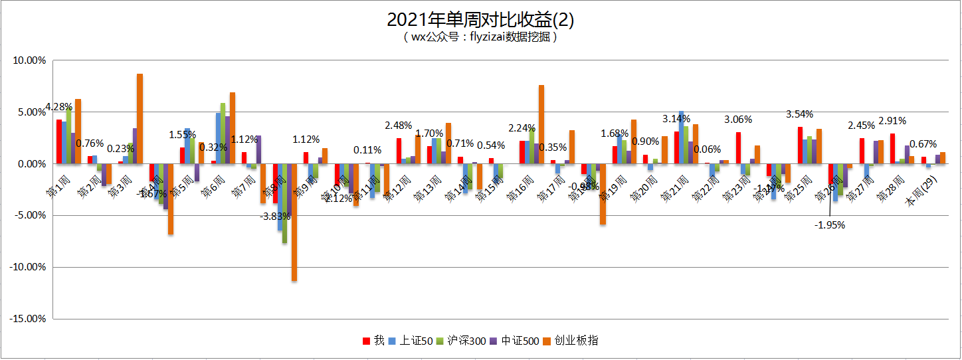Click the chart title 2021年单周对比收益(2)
coord(480,19)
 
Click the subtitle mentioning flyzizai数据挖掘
coord(480,37)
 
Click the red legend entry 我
coord(373,341)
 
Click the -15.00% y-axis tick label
coord(28,319)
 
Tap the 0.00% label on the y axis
coord(31,164)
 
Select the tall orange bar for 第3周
coord(140,118)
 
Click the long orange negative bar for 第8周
coord(294,222)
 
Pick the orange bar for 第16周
coord(541,124)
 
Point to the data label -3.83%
coord(275,216)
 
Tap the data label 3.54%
coord(800,114)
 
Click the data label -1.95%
coord(830,225)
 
